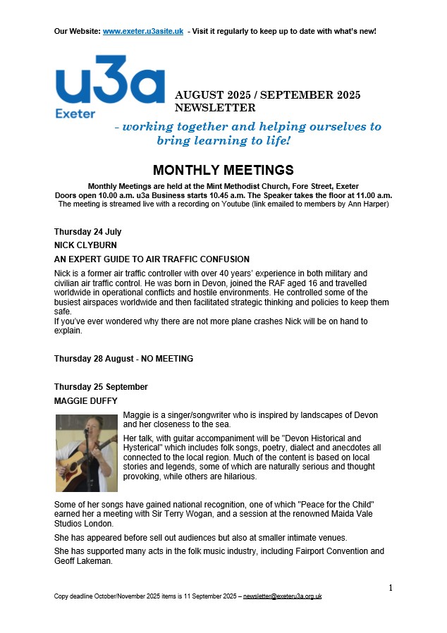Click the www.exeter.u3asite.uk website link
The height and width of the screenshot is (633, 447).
(x=143, y=32)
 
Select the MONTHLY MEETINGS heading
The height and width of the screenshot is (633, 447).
(x=223, y=171)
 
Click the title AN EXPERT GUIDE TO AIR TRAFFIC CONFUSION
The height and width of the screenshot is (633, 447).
(x=152, y=259)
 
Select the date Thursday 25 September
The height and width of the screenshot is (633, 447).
(x=101, y=387)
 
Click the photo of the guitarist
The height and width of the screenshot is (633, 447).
(x=86, y=452)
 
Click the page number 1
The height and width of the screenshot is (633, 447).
(x=391, y=587)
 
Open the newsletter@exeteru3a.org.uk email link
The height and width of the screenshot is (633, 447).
(x=282, y=596)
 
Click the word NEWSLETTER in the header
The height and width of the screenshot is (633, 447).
(x=215, y=108)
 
